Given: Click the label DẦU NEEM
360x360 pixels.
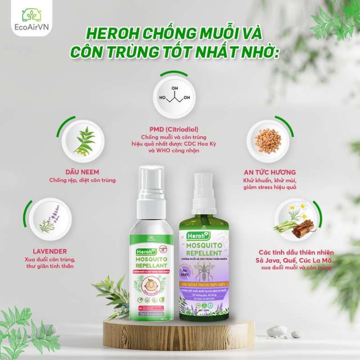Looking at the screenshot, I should pos(82,172).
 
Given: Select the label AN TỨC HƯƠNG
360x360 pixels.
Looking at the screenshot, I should pos(266,172).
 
